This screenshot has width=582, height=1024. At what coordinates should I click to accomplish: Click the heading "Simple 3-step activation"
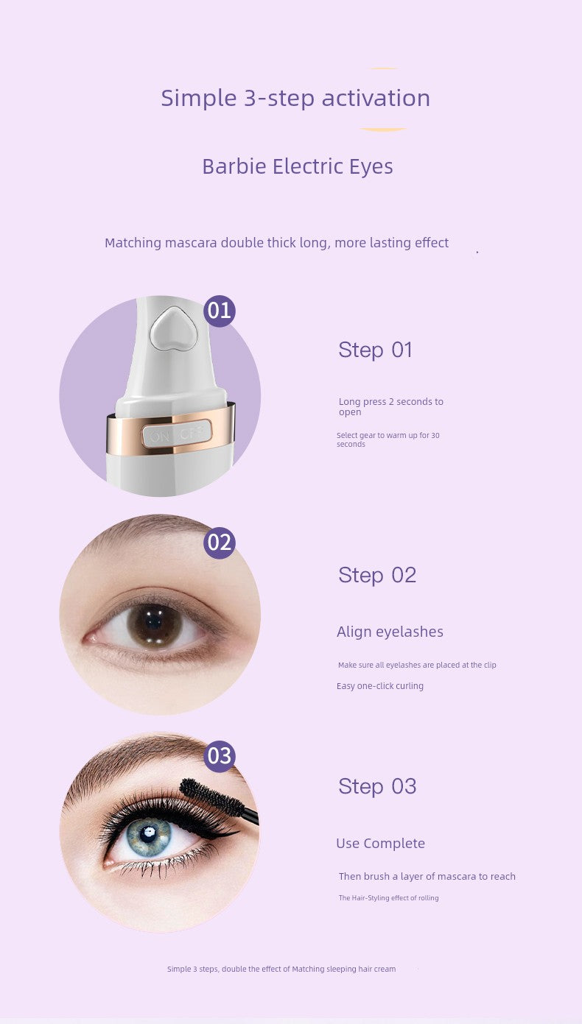tap(295, 99)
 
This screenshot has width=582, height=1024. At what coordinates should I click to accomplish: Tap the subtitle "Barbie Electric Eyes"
tap(298, 166)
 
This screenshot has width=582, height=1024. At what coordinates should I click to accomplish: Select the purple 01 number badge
tap(220, 311)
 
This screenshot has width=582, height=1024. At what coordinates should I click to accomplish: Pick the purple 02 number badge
tap(220, 543)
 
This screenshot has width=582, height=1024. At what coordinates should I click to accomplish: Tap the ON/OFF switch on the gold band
tap(177, 434)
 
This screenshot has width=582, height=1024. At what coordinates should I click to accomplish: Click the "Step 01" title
tap(375, 350)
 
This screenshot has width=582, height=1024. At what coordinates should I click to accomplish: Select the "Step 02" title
tap(377, 575)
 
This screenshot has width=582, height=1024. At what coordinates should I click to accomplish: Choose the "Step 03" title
tap(377, 787)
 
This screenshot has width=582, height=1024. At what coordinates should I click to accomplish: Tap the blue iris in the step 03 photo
tap(149, 836)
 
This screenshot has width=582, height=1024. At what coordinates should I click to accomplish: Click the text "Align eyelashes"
tap(390, 632)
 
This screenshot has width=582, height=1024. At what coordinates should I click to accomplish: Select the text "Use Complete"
tap(380, 844)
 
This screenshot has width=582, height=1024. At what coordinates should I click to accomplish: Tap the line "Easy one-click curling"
tap(379, 685)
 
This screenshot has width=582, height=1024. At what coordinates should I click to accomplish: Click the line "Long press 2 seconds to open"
tap(390, 406)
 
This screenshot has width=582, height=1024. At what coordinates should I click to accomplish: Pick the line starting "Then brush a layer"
tap(427, 876)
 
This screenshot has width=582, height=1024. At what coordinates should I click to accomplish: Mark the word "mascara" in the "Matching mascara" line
tap(191, 243)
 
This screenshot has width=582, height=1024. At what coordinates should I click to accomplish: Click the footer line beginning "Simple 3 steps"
tap(281, 969)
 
